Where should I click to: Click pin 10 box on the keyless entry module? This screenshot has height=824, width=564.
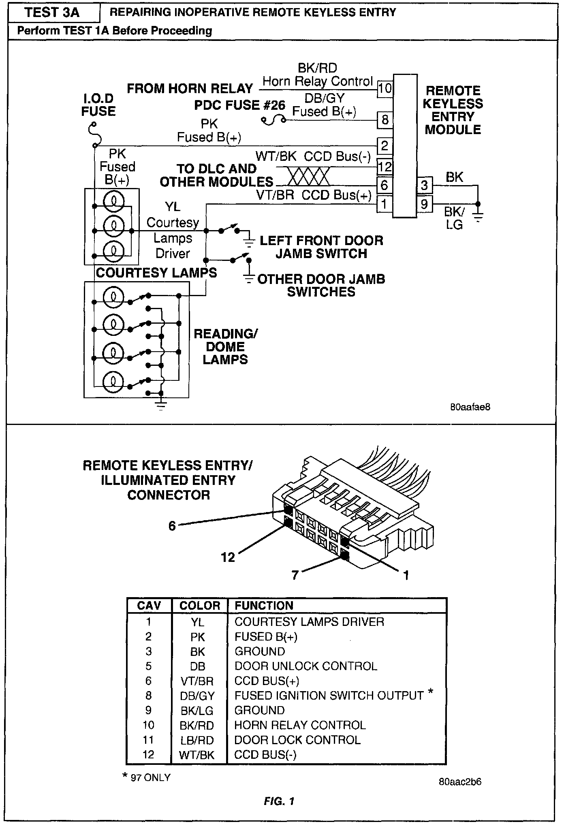(385, 88)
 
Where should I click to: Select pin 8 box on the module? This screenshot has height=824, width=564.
(385, 120)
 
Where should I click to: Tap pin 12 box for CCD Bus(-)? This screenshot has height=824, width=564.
(385, 167)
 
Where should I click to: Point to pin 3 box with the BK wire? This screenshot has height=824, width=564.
(424, 185)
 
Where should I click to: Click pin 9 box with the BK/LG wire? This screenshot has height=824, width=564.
(424, 204)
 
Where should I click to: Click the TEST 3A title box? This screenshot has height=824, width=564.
(53, 13)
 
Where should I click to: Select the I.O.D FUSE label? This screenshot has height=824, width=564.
(98, 105)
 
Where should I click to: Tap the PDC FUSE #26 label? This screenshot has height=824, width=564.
(239, 105)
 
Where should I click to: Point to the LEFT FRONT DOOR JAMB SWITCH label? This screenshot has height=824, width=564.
(321, 247)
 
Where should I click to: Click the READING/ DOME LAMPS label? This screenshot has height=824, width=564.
(225, 346)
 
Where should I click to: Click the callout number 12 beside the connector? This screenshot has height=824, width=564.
(228, 557)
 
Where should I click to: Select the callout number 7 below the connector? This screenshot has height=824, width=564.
(295, 574)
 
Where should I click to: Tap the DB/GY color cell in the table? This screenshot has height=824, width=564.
(197, 696)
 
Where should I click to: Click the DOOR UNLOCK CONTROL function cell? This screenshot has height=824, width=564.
(305, 666)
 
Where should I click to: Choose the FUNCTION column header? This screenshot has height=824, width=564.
(264, 606)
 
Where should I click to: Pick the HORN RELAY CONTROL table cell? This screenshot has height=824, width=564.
(300, 725)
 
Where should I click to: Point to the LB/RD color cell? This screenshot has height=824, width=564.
(197, 740)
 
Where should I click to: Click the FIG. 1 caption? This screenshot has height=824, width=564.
(279, 801)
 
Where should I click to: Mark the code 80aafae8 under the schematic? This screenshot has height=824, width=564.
(470, 407)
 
